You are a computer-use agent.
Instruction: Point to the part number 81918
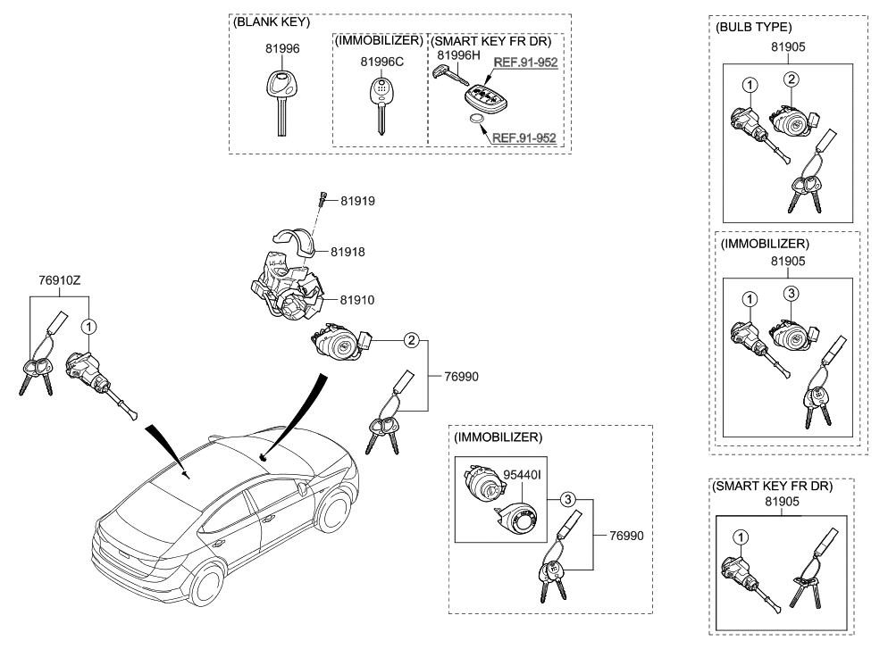(x=348, y=253)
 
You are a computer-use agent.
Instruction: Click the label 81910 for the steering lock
(x=348, y=302)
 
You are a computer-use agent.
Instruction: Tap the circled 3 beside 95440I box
(x=566, y=499)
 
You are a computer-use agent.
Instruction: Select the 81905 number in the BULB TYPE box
(x=787, y=49)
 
